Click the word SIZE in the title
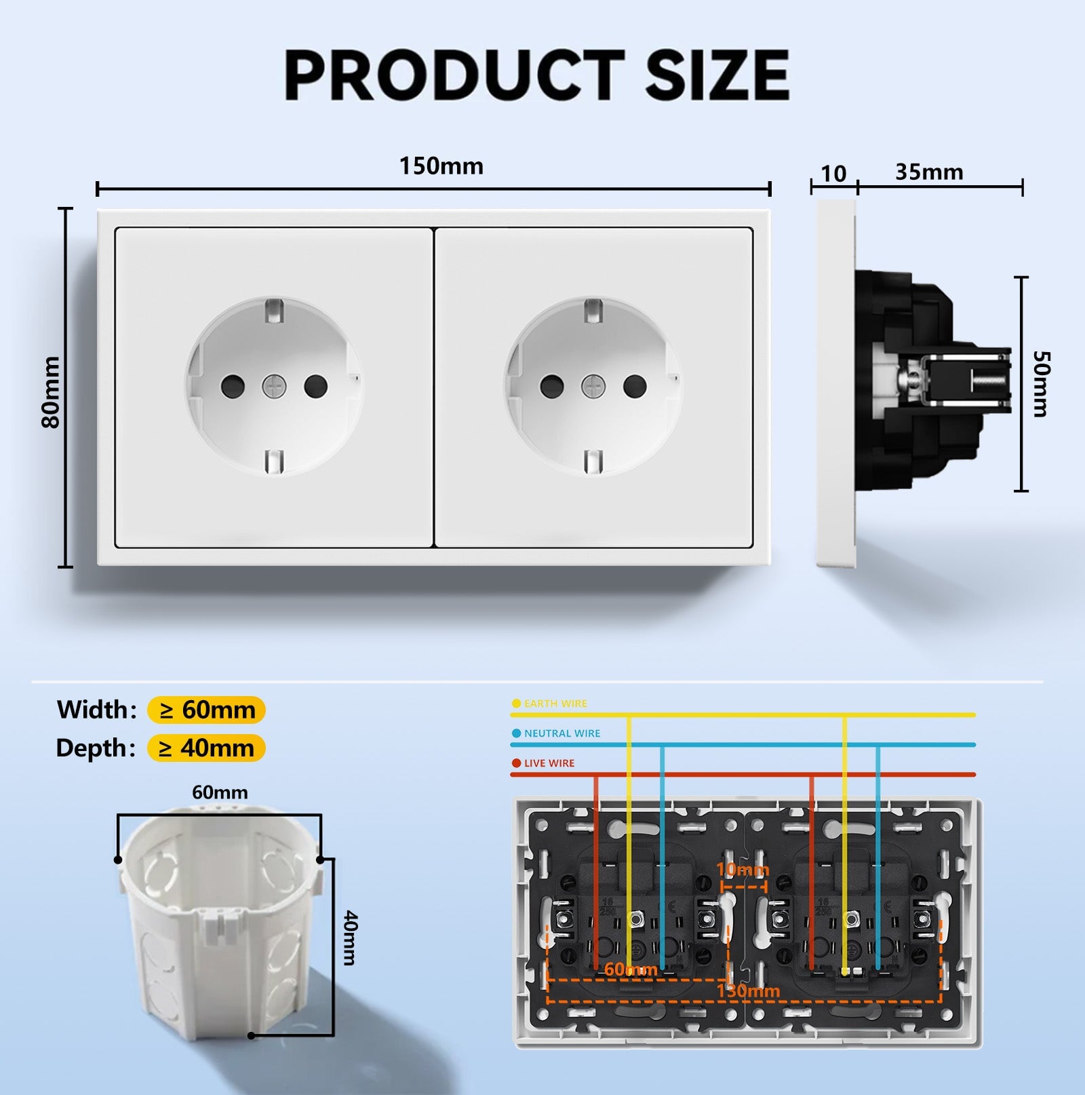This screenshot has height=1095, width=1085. point(717,75)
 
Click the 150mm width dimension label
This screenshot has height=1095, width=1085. point(441,166)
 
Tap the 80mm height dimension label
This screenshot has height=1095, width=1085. point(51,392)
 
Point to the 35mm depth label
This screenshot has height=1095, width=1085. point(929,172)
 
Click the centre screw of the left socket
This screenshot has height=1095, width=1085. point(275,387)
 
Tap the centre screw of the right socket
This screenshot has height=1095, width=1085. point(593,387)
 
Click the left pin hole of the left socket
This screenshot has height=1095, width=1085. point(233,387)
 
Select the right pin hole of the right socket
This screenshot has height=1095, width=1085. point(635,387)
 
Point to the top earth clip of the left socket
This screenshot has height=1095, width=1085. point(274,309)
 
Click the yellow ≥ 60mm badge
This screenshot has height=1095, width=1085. point(206,710)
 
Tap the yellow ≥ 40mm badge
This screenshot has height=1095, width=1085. point(206,748)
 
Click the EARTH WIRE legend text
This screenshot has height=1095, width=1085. point(555,704)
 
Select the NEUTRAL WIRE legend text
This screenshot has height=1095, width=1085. point(562,733)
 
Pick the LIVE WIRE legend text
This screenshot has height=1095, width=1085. point(549,763)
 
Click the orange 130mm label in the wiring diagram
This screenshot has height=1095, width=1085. point(748,991)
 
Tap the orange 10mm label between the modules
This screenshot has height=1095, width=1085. point(743,870)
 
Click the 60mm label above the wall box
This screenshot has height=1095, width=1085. point(220,792)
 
